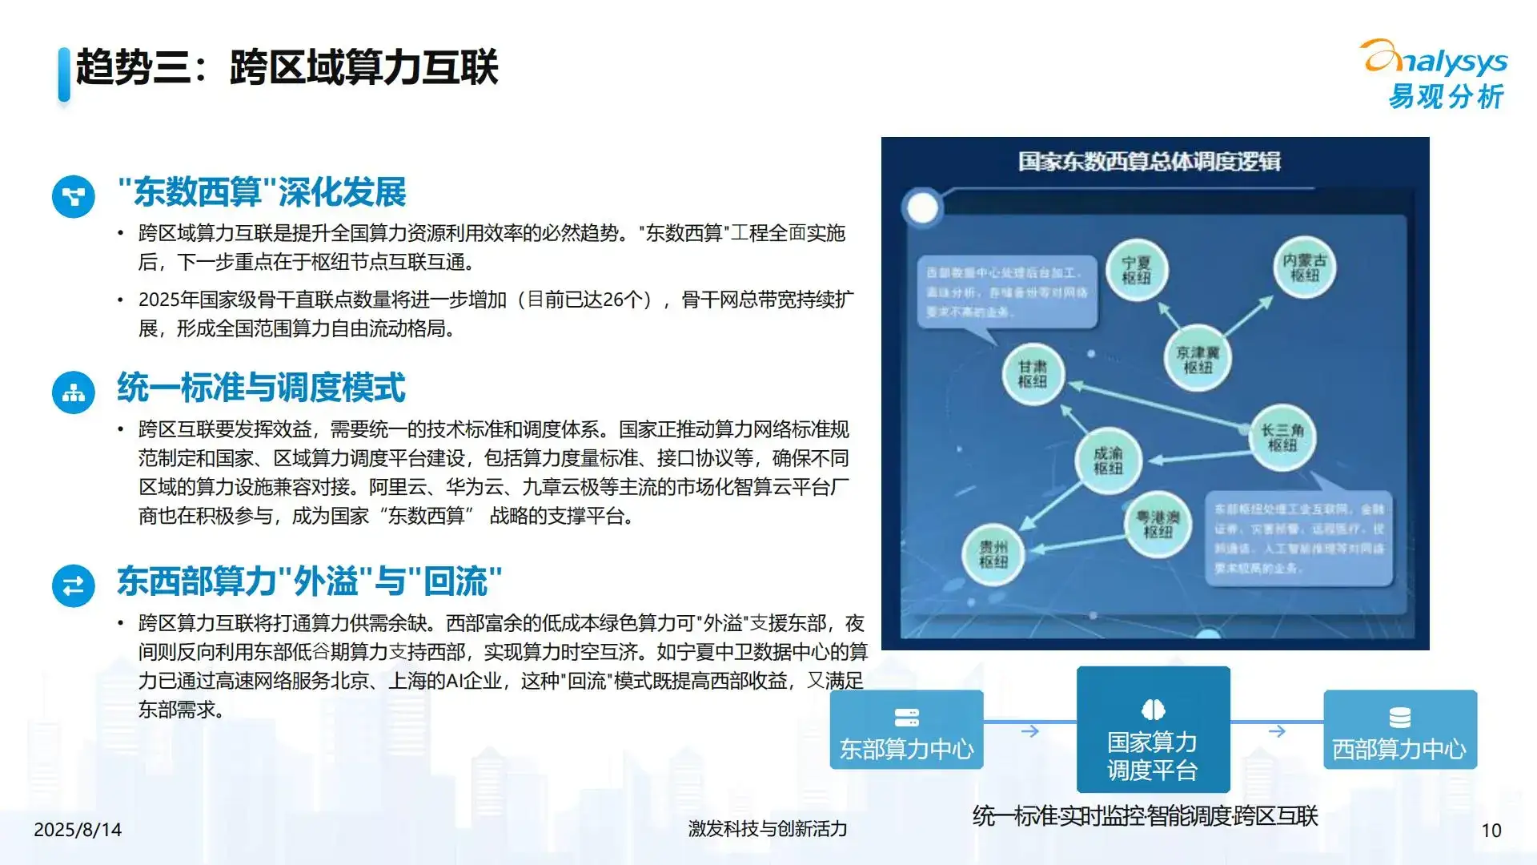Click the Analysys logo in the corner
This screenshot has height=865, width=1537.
(x=1435, y=74)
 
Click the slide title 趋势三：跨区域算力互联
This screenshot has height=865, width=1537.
(x=287, y=67)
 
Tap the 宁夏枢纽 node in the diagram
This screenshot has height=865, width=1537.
(x=1136, y=271)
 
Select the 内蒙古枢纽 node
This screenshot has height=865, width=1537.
(x=1304, y=268)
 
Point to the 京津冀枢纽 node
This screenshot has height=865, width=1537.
(x=1198, y=360)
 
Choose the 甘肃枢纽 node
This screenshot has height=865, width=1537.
(x=1033, y=374)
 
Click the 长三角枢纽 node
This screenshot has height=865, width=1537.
(x=1282, y=437)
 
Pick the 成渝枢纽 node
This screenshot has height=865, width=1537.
(x=1108, y=461)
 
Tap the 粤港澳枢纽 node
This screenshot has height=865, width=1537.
(x=1158, y=525)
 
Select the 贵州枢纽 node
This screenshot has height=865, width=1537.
(x=993, y=553)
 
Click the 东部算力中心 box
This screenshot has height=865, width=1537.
(x=906, y=730)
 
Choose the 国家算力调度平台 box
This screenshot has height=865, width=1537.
(x=1153, y=729)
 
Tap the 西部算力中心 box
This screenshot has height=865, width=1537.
(x=1399, y=730)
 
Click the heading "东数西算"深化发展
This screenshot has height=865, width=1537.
(x=262, y=192)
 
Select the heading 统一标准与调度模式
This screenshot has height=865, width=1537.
(x=261, y=388)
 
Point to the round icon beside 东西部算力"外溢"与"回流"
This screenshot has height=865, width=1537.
(x=74, y=585)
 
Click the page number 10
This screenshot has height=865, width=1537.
(x=1491, y=831)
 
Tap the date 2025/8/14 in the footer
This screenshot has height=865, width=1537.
(x=78, y=830)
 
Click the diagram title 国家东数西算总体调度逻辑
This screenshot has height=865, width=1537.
(x=1149, y=162)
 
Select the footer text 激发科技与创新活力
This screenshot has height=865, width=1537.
(x=767, y=829)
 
